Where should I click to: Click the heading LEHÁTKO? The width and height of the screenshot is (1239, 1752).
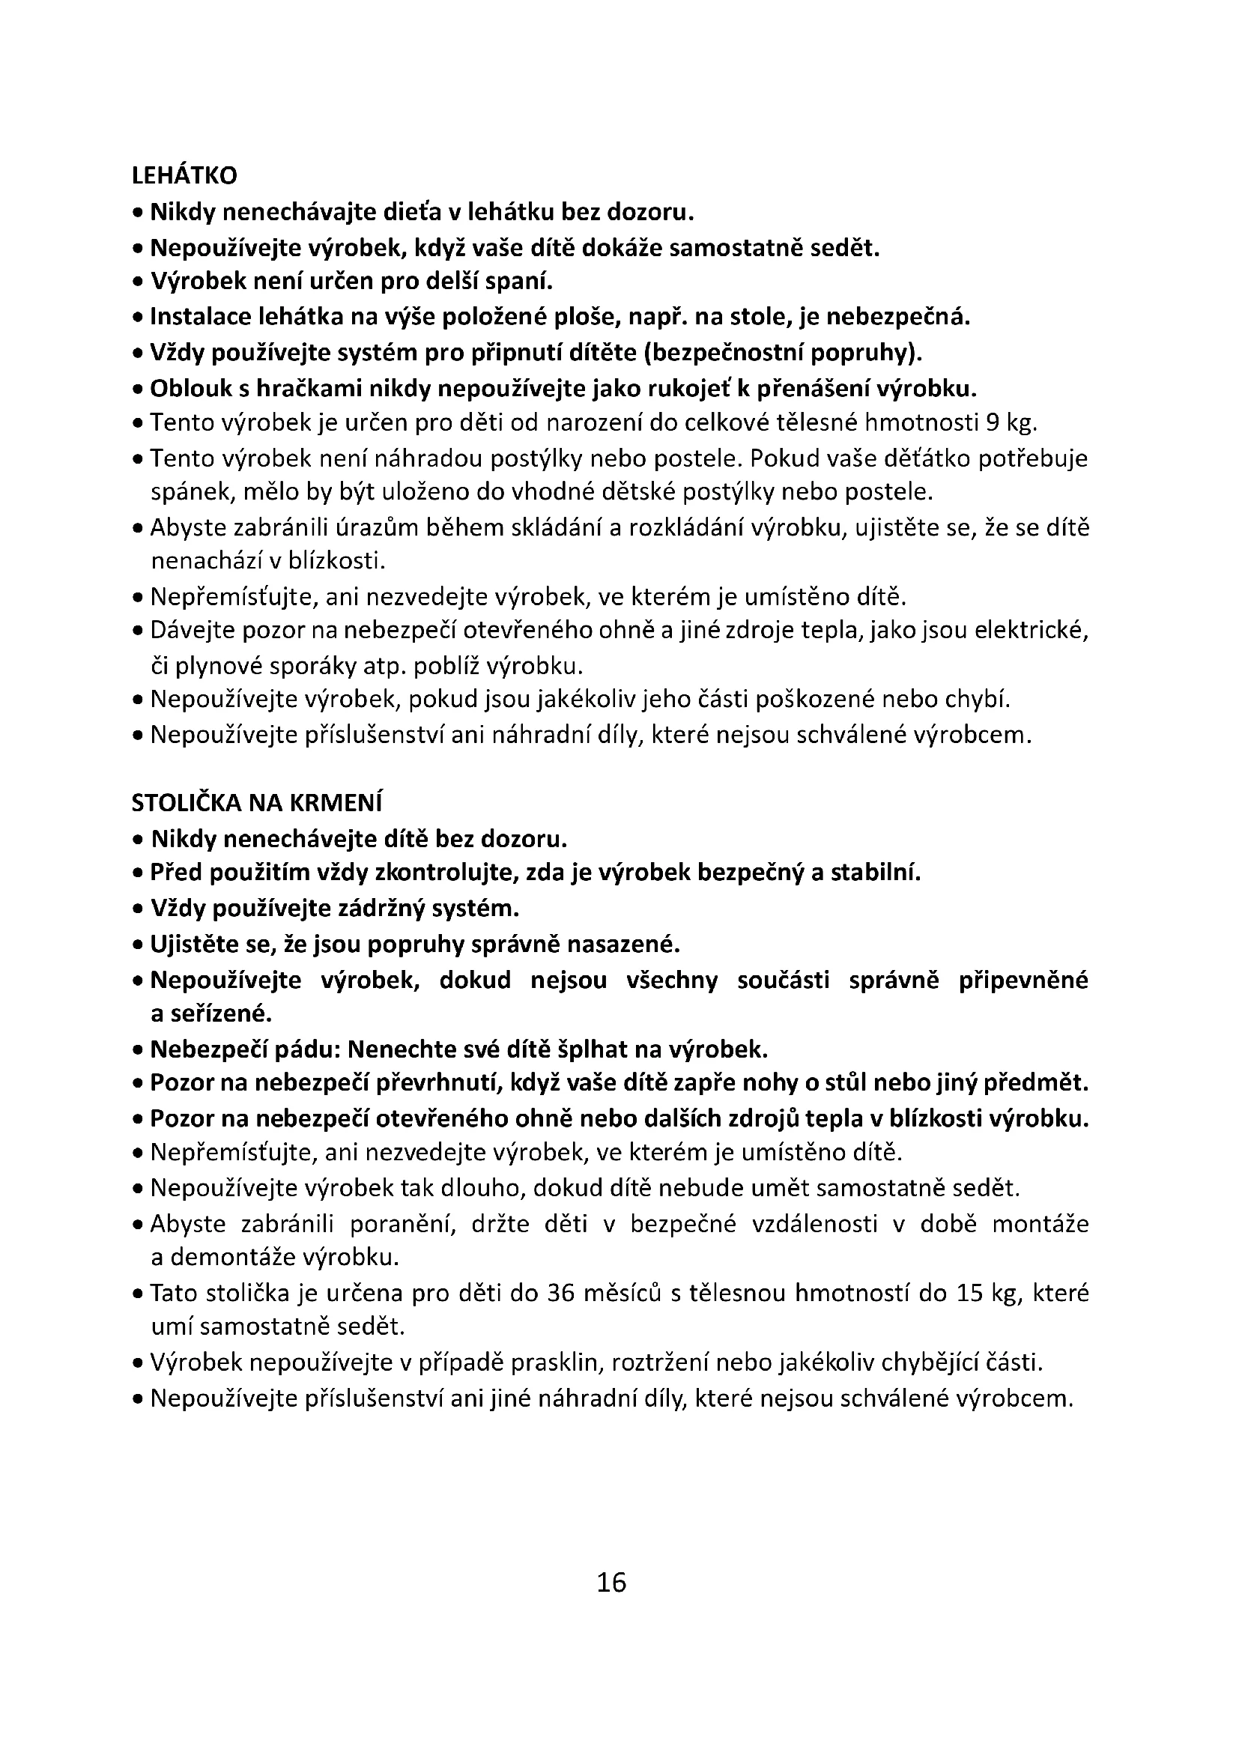[x=184, y=176]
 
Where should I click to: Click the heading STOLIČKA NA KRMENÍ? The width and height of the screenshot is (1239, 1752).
[x=257, y=804]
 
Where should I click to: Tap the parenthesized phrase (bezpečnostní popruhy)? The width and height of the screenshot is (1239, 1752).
[x=784, y=354]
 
